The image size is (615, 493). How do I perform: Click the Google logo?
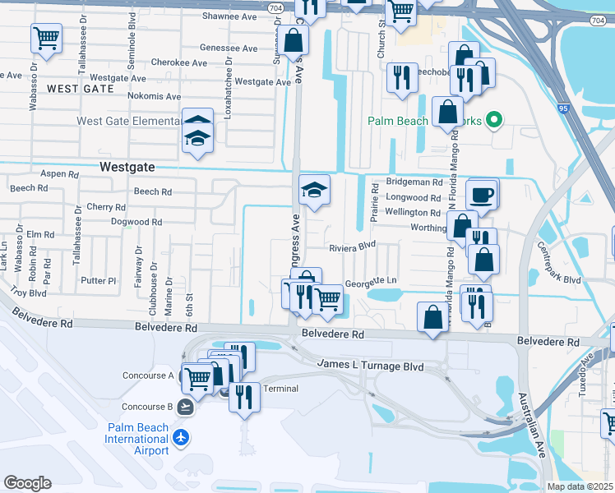point(27,483)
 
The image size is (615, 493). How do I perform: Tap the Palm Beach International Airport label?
point(136,439)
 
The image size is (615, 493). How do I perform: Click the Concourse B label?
point(147,407)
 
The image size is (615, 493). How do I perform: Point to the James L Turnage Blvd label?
point(370,364)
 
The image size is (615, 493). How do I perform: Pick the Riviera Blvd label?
point(352,245)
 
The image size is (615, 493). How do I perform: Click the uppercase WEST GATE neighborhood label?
point(81,88)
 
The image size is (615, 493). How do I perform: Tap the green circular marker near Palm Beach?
point(493,121)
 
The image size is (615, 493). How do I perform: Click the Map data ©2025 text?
point(578,486)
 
